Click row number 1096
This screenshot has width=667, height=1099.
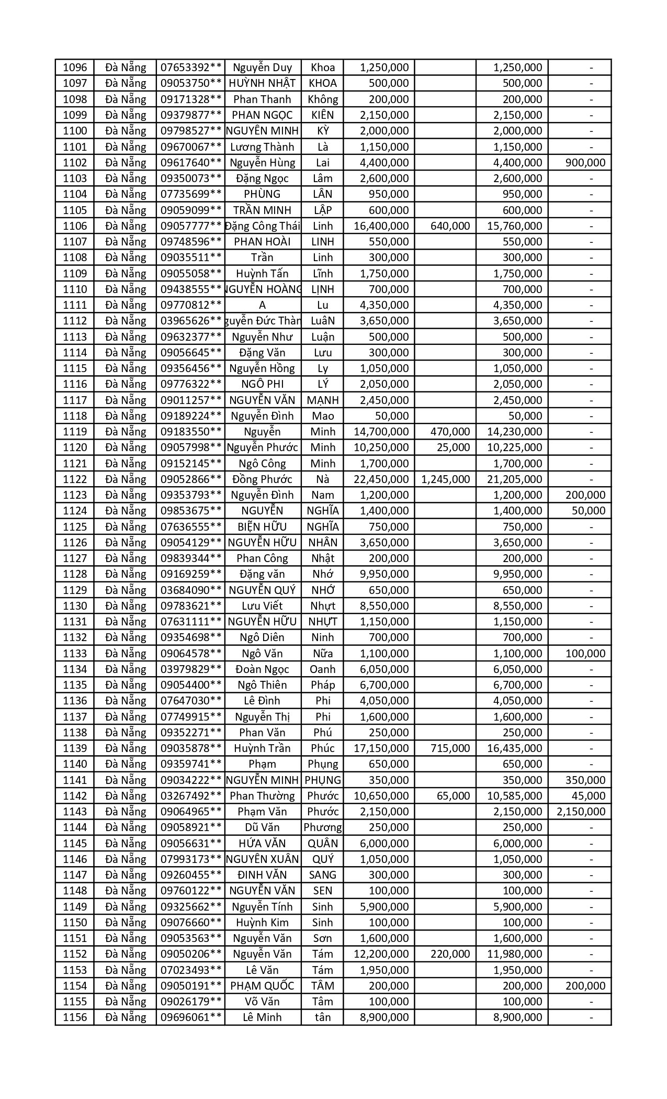74,68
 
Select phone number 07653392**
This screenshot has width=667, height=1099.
191,68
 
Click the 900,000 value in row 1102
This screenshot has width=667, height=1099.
585,163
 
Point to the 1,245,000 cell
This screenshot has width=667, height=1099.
446,479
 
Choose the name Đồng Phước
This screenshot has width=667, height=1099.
262,479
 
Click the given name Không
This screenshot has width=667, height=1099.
323,99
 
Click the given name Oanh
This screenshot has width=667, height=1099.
323,669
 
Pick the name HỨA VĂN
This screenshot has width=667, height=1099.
262,844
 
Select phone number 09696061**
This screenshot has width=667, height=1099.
191,1017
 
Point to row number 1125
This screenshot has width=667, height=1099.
74,527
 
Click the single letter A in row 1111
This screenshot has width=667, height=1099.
262,305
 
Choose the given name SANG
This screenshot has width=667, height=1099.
323,875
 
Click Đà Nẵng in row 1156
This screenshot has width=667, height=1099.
126,1017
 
